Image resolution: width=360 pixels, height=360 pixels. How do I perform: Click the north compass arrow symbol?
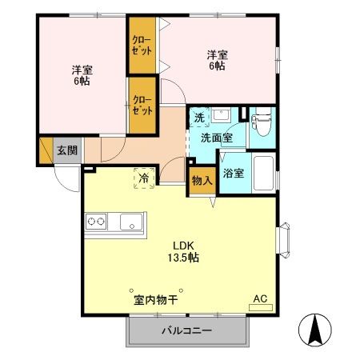pos(315,330)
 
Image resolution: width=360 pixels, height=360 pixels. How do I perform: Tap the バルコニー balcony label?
pos(187,331)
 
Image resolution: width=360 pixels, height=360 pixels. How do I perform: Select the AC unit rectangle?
pos(261,307)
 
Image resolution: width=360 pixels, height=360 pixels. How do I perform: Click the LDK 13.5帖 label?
pos(183,251)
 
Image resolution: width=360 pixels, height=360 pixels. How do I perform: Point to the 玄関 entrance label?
pos(67,150)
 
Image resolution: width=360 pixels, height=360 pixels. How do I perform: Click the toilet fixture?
pos(262,122)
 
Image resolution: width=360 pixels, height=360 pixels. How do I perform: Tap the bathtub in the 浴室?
pos(263,173)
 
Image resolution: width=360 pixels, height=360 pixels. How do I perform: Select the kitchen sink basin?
pos(131,222)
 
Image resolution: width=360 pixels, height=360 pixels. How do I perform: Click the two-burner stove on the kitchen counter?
pos(96,222)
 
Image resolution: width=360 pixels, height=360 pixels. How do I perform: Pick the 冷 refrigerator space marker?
pos(144,178)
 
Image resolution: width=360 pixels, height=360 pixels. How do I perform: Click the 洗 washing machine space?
pos(199,118)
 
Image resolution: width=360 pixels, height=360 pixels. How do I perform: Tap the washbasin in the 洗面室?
pos(221,115)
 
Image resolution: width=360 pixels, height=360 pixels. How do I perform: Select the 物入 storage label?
pos(202,181)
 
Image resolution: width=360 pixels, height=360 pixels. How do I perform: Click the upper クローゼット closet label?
pos(142,46)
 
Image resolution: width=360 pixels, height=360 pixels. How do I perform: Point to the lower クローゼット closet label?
pos(142,105)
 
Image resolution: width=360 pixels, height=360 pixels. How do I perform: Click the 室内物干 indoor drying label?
pos(156,300)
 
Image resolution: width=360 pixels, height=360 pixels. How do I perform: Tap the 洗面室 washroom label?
pos(217,138)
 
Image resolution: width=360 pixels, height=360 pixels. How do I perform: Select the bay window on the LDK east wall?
pos(283,240)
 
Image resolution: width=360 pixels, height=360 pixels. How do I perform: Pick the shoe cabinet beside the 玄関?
pos(46,150)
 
